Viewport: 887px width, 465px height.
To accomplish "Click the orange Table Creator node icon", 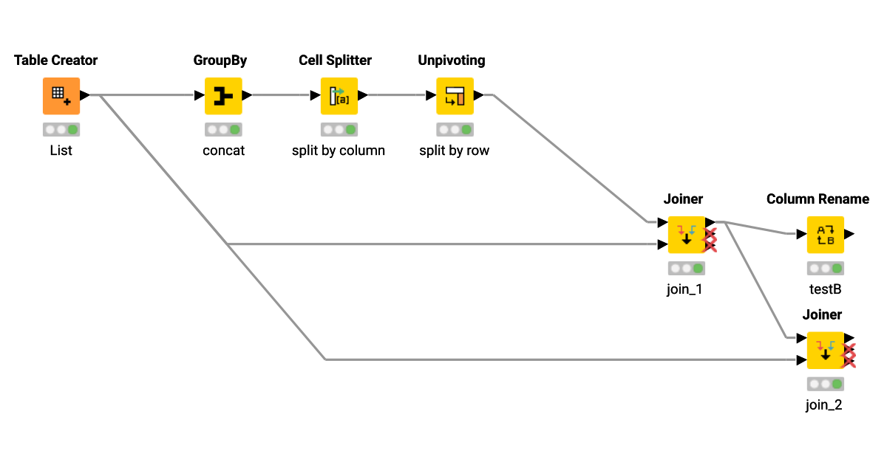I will [x=61, y=96].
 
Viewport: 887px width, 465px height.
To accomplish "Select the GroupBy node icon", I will [x=222, y=96].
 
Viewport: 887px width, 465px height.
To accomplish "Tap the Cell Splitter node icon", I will [x=339, y=96].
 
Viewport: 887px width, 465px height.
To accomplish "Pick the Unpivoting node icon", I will [x=455, y=96].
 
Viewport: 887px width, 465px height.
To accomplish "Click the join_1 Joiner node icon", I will [x=686, y=235].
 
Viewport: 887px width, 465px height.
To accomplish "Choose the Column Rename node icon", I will [x=825, y=235].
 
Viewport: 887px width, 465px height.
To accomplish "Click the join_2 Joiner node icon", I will [x=825, y=351].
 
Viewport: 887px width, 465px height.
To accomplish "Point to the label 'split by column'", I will [x=339, y=151].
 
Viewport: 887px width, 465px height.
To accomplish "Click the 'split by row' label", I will [x=455, y=151].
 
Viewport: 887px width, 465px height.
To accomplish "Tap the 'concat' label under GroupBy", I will [x=223, y=151].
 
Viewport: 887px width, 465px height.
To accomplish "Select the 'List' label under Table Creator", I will [x=61, y=151].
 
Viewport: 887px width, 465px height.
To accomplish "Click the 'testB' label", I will [x=826, y=289].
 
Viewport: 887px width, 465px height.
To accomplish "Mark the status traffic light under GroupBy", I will [x=223, y=130].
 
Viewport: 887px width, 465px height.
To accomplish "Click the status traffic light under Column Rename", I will [x=826, y=269].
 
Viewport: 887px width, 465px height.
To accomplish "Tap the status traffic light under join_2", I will [x=826, y=384].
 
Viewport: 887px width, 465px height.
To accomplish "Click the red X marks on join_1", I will [x=710, y=240].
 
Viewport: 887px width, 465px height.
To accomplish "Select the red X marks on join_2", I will [x=849, y=355].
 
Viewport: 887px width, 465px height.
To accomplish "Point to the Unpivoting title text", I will [x=452, y=61].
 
